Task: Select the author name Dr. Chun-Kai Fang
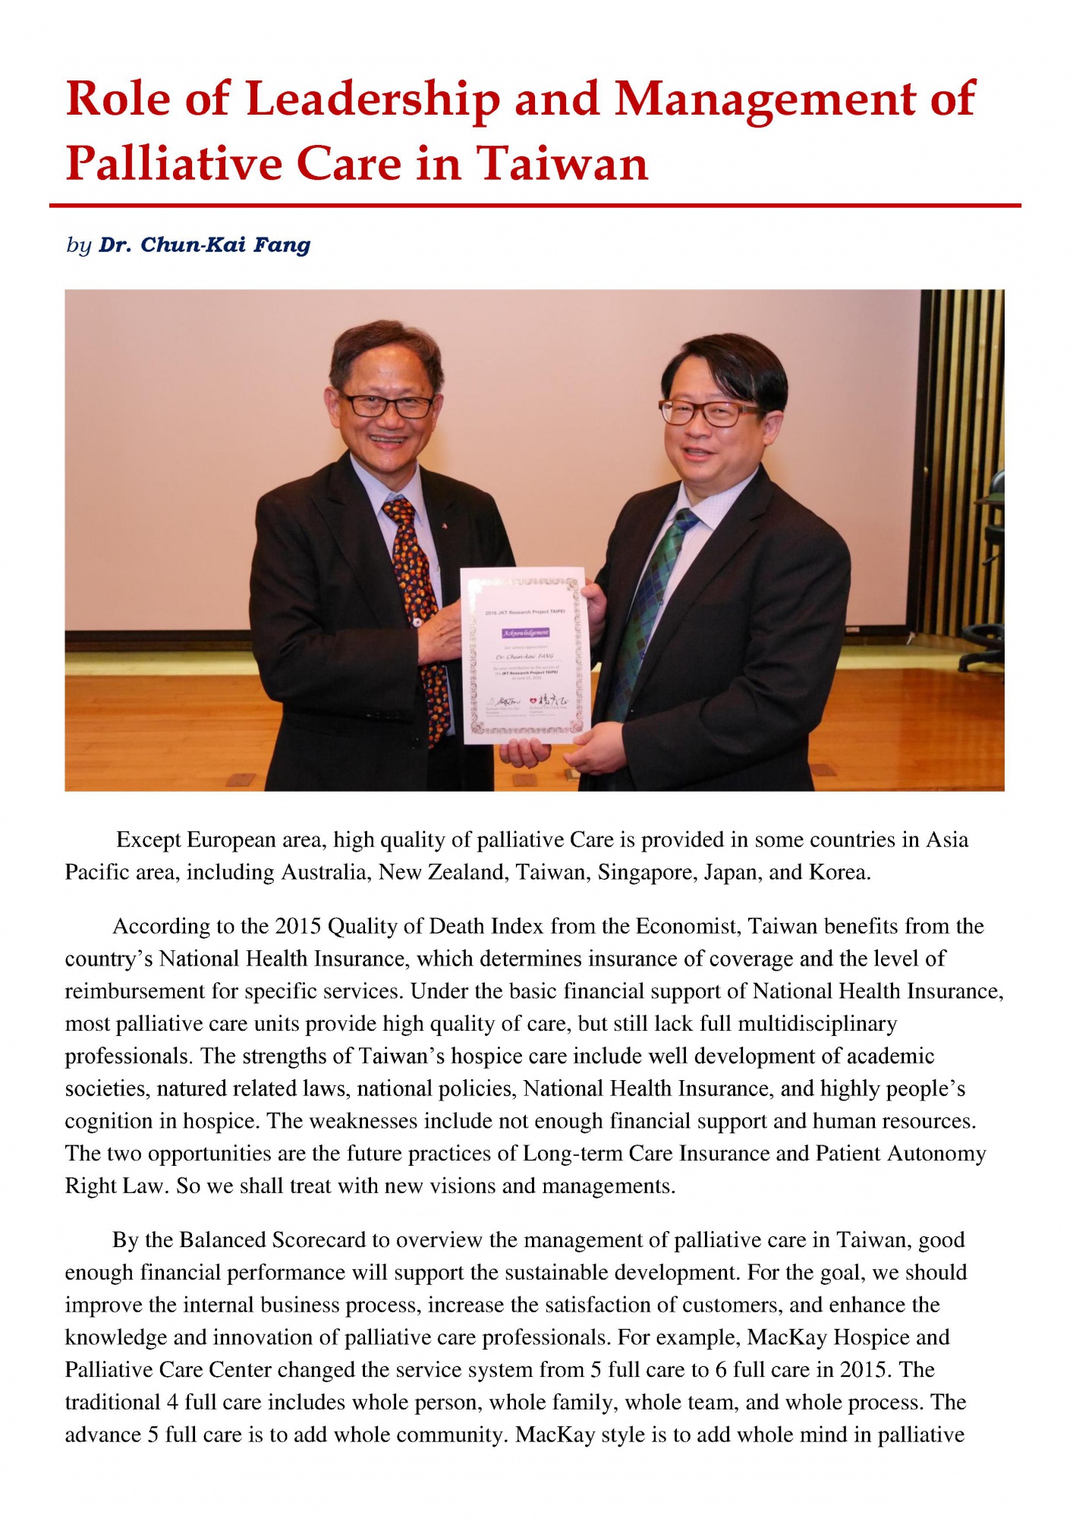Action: pos(205,245)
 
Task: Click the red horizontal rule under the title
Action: pos(535,206)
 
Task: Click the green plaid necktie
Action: pos(653,607)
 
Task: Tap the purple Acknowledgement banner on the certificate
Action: pos(525,632)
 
